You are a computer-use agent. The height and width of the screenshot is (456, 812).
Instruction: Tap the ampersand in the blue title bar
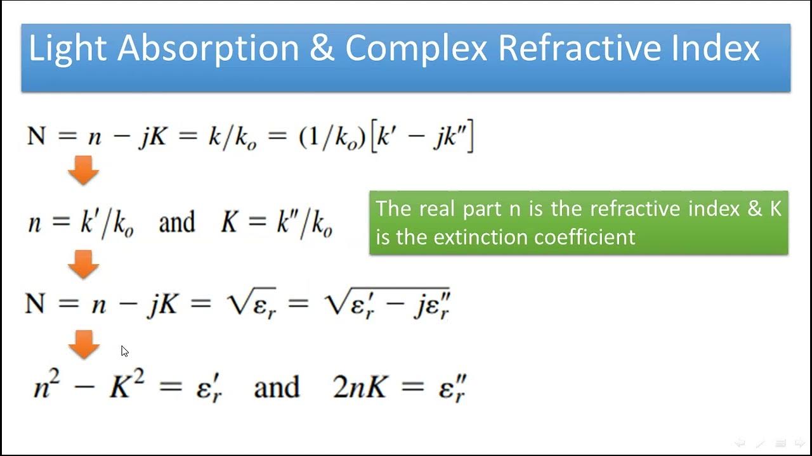(x=322, y=49)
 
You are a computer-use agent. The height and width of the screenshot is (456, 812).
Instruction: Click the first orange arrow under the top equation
(x=83, y=170)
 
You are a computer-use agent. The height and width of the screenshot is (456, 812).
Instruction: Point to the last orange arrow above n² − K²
(x=83, y=344)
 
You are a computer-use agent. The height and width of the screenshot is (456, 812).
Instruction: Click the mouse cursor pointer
(x=124, y=351)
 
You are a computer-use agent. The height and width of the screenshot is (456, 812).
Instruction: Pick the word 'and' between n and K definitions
(x=176, y=223)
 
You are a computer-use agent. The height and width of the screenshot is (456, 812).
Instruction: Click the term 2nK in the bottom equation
(x=360, y=387)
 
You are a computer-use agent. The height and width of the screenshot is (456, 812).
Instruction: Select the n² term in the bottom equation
(x=46, y=385)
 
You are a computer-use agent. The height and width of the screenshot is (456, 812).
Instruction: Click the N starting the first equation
(x=36, y=136)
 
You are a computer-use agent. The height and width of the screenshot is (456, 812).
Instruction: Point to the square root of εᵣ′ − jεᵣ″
(x=387, y=305)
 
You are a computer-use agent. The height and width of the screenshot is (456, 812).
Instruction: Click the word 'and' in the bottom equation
(x=276, y=387)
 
